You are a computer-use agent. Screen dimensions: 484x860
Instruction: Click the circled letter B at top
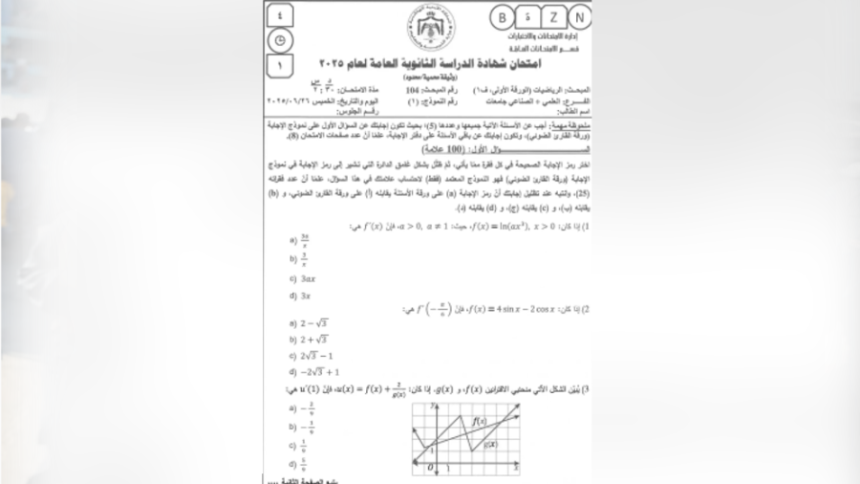(x=502, y=17)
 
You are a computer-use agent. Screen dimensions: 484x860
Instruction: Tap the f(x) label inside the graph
(x=479, y=420)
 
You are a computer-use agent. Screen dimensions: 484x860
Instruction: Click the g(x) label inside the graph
(x=491, y=444)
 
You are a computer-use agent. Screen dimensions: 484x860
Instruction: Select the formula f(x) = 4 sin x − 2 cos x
(x=498, y=309)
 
